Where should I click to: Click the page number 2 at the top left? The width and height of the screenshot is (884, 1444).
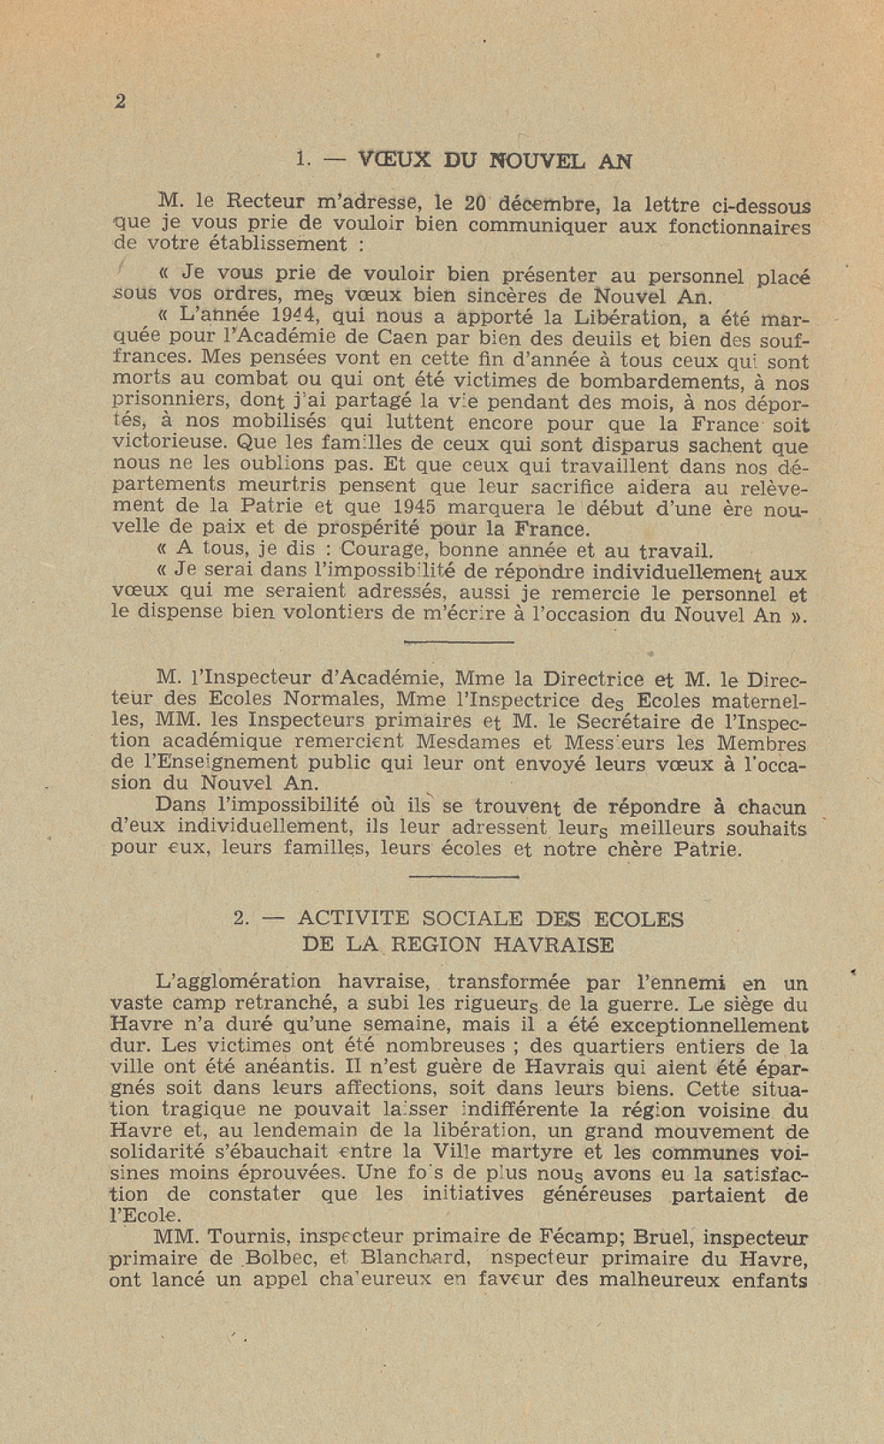click(x=120, y=102)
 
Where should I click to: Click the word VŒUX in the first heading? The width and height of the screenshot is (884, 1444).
click(x=394, y=161)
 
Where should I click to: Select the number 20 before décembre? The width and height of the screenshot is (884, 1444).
click(x=475, y=202)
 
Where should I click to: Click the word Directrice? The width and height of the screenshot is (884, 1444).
click(x=593, y=679)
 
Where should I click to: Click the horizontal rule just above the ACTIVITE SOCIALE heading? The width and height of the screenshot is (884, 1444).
click(x=464, y=876)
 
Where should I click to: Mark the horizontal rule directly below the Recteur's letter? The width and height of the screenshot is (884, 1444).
click(x=458, y=641)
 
